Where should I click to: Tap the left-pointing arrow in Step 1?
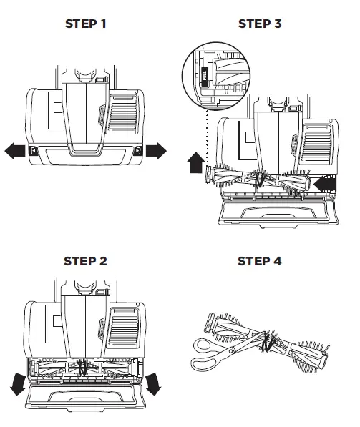click(x=15, y=151)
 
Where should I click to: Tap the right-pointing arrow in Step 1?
click(x=155, y=151)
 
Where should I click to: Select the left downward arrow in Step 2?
click(x=19, y=386)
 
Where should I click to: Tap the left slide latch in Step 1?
click(x=32, y=151)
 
